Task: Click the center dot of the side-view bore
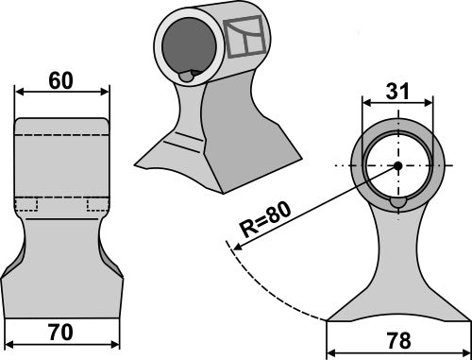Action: [x=397, y=167]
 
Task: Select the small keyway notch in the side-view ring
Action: [x=397, y=201]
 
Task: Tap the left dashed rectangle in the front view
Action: [x=26, y=204]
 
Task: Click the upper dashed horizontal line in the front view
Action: [x=62, y=138]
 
